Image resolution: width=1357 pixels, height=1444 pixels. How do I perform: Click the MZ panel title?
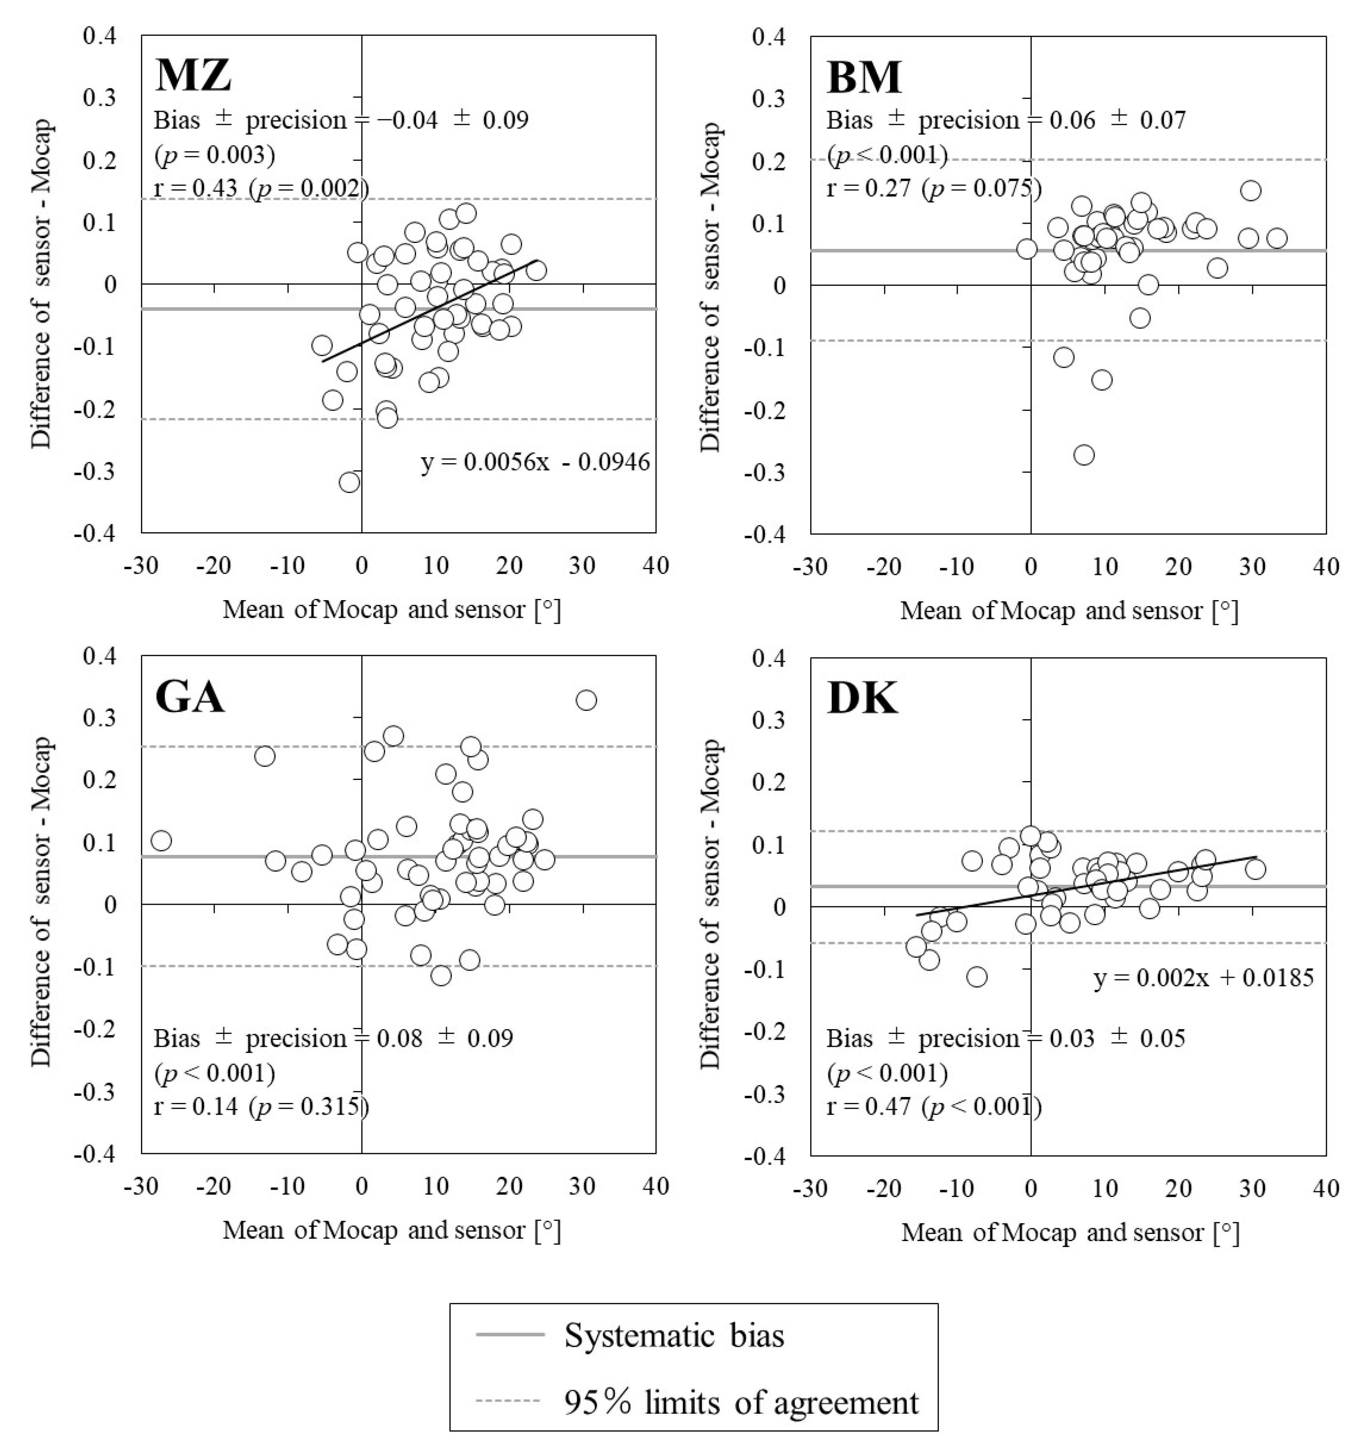pos(193,75)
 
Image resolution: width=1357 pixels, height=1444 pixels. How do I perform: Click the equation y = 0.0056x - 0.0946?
pos(535,462)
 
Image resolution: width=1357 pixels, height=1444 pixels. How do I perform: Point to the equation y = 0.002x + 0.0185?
pos(1204,978)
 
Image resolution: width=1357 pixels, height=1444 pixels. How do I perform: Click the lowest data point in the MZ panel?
pos(349,482)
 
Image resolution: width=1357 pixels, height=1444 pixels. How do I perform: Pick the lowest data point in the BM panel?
pos(1084,455)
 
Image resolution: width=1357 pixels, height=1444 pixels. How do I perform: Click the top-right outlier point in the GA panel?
pos(586,699)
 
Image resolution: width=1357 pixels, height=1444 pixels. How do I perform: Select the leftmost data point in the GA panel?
pos(161,840)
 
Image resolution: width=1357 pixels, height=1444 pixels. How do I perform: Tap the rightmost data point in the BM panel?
pos(1277,238)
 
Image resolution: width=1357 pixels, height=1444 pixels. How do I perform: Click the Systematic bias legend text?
pos(674,1335)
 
